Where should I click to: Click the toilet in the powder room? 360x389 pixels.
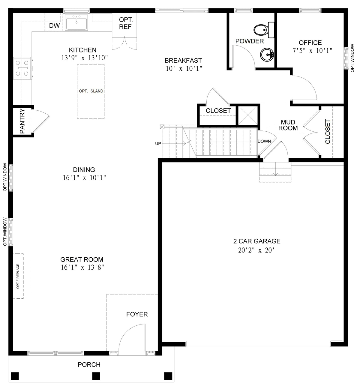pyautogui.click(x=263, y=30)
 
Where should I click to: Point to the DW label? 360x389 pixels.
pyautogui.click(x=54, y=26)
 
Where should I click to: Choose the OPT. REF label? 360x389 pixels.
pyautogui.click(x=125, y=23)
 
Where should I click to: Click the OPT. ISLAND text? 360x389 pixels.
pyautogui.click(x=91, y=91)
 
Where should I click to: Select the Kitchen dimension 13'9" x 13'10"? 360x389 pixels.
pyautogui.click(x=84, y=58)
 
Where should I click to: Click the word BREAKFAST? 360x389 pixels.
pyautogui.click(x=183, y=61)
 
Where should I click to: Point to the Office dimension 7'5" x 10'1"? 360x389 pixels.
pyautogui.click(x=312, y=51)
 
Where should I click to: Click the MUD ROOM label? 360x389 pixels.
pyautogui.click(x=288, y=125)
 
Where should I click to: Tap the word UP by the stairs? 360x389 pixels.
pyautogui.click(x=158, y=144)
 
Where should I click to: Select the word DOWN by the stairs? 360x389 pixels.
pyautogui.click(x=264, y=141)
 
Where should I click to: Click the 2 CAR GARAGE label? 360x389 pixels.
pyautogui.click(x=257, y=241)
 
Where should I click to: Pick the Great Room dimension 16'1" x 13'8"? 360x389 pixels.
pyautogui.click(x=82, y=268)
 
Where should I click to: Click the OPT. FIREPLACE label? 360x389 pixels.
pyautogui.click(x=18, y=276)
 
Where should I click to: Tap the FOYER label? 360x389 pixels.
pyautogui.click(x=137, y=314)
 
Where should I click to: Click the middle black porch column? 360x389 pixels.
pyautogui.click(x=96, y=376)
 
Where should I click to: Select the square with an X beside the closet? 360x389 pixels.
pyautogui.click(x=247, y=115)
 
